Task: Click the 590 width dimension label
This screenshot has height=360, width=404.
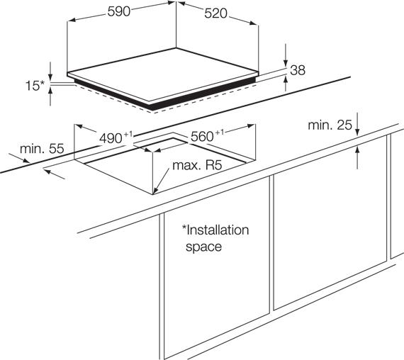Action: pos(119,11)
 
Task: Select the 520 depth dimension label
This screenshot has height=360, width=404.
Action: pos(216,13)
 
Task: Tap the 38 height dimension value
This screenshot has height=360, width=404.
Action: pos(298,70)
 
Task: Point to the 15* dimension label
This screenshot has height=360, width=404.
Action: pos(35,86)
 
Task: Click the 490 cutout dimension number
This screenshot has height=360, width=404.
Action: pos(111,138)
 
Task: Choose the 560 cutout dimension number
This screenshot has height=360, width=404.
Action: pos(202,136)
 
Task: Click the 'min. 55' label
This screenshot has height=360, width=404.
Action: pos(42,149)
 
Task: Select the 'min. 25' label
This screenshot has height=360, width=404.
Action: pos(330,125)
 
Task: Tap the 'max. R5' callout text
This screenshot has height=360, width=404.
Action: pos(197,165)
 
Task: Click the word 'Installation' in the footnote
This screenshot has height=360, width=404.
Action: pos(217,230)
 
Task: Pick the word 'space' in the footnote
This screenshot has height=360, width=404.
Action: pos(203,247)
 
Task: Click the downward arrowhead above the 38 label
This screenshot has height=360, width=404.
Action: pos(286,63)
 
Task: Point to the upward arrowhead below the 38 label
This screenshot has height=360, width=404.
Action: pos(286,80)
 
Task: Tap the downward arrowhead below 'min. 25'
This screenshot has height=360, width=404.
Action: pos(357,131)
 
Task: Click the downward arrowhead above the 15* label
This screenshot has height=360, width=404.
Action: pos(50,77)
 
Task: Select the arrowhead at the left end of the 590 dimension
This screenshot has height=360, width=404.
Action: pos(71,20)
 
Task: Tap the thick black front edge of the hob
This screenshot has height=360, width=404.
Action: pos(165,96)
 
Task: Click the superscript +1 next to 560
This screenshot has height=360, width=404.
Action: pos(219,133)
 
